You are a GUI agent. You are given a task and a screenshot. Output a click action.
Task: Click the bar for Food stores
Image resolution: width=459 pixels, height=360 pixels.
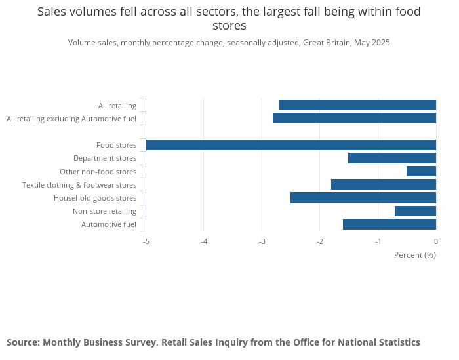point(290,145)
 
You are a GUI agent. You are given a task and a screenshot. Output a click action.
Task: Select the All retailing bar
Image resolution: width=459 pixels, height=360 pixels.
point(357,105)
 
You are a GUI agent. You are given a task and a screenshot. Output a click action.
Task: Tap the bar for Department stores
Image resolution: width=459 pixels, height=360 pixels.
point(392,158)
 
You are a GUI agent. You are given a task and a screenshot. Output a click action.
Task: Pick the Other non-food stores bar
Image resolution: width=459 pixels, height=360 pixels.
point(421,171)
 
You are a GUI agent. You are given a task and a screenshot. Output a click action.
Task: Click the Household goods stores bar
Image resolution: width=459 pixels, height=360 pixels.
point(363,198)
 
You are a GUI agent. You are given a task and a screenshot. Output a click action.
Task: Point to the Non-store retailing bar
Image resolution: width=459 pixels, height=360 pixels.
point(415,211)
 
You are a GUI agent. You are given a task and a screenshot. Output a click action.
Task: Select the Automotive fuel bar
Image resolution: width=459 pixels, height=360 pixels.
point(389,224)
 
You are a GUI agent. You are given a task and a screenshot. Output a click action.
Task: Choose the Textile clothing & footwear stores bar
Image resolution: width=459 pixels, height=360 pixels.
point(384,184)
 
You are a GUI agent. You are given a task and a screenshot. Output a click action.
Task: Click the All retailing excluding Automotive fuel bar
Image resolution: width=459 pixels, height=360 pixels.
point(354,118)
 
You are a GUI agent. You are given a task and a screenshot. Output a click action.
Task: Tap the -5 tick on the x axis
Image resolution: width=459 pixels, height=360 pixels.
point(146,241)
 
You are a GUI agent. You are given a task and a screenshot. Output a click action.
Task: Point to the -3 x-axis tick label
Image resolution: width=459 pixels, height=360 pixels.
point(262,241)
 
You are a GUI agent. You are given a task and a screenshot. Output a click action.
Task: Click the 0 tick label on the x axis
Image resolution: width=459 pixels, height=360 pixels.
point(435,241)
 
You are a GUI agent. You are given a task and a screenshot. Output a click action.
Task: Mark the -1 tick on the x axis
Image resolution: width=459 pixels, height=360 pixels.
point(378,241)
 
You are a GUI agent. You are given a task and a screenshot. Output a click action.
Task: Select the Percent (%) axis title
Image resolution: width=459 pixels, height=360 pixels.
point(414,254)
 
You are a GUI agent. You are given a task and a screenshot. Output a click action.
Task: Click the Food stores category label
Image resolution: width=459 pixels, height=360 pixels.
point(116,145)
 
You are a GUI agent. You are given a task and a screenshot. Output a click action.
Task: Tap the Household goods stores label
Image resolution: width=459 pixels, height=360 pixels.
point(95,198)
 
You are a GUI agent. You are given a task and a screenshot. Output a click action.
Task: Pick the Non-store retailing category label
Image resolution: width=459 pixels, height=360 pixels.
point(104,211)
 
